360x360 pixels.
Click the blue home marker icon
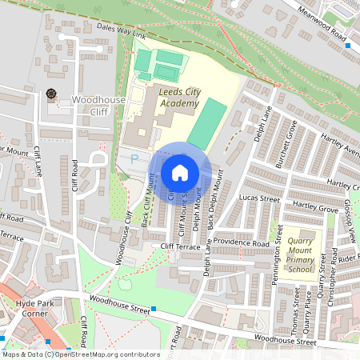pos(180,173)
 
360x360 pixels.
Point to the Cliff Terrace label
pos(179,247)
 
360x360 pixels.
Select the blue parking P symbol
pos(134,159)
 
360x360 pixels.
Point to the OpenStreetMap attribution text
pos(70,354)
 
